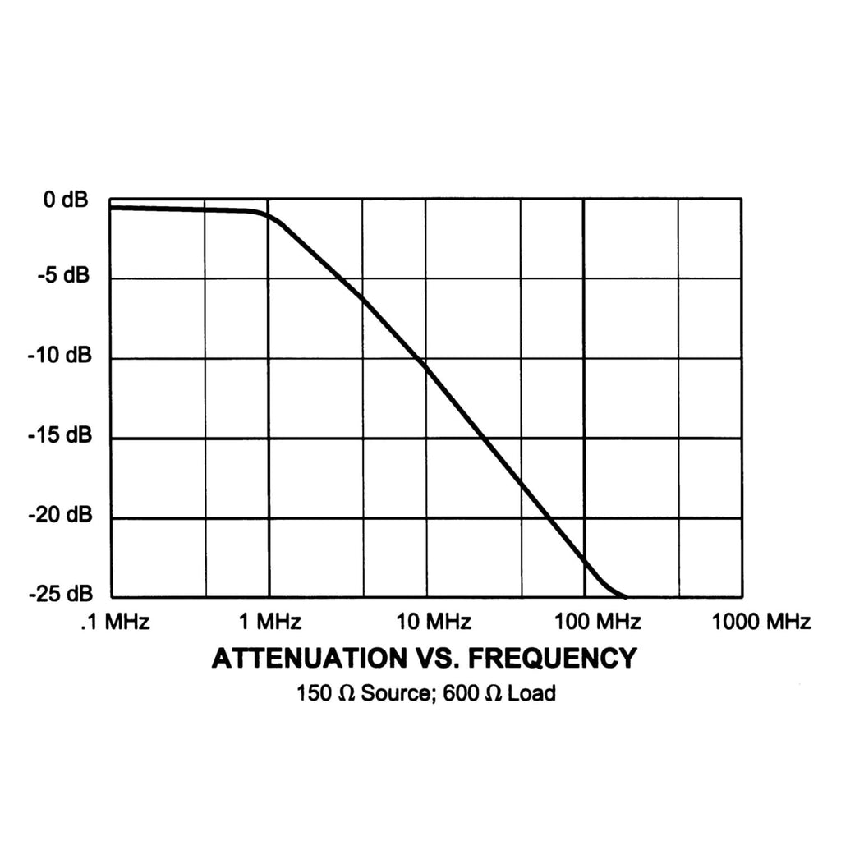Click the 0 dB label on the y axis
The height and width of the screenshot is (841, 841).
point(62,200)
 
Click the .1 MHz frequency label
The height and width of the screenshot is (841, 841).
point(115,622)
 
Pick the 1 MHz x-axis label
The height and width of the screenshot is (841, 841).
point(268,622)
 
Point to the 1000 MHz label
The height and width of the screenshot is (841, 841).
point(761,622)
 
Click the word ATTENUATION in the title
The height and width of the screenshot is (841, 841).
point(297,659)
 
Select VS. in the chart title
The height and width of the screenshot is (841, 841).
point(425,659)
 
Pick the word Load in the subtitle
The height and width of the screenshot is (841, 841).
point(531,693)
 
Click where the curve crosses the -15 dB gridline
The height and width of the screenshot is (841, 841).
point(483,439)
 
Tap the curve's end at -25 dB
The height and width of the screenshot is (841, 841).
point(626,596)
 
